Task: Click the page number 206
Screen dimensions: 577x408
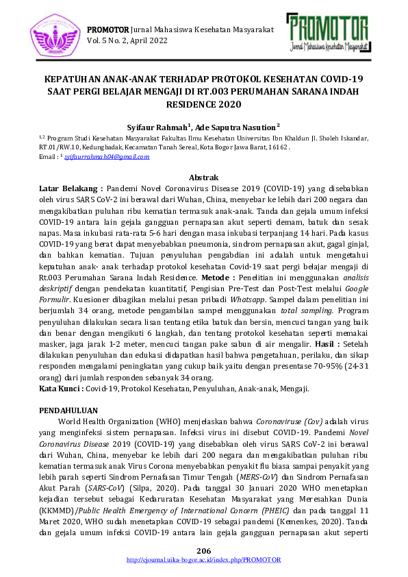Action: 204,552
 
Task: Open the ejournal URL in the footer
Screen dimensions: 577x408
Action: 204,560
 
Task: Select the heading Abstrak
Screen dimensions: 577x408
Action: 204,177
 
